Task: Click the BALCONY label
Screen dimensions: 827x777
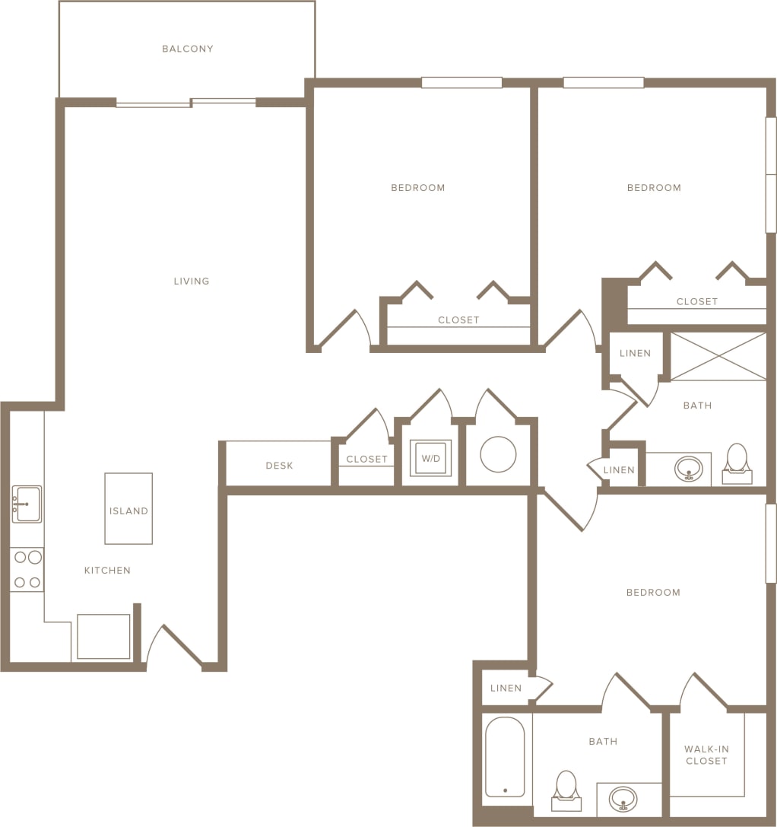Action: (x=187, y=49)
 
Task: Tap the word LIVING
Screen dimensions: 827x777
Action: (x=191, y=281)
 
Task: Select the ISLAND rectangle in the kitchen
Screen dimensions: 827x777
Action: (x=128, y=508)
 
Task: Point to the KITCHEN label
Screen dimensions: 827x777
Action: (x=107, y=571)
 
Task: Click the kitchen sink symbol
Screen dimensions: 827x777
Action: (x=27, y=504)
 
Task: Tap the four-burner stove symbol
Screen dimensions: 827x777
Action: (x=27, y=570)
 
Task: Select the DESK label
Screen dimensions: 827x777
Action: (x=279, y=466)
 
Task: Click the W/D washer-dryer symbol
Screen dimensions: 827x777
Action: (x=430, y=459)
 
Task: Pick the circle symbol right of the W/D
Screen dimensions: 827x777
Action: (x=498, y=454)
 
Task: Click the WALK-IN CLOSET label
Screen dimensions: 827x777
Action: (x=706, y=755)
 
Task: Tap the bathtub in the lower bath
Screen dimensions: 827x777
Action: (x=505, y=757)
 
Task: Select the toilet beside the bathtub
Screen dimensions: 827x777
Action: (x=566, y=789)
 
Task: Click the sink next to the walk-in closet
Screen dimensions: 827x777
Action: (x=623, y=798)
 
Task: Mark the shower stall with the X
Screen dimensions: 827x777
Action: (x=718, y=356)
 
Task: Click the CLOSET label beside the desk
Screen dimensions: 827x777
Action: (x=366, y=460)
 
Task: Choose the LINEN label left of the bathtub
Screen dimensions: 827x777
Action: (x=506, y=689)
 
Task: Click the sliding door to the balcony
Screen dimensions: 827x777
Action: (x=186, y=102)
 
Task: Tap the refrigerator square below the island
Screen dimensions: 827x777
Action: (x=103, y=636)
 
